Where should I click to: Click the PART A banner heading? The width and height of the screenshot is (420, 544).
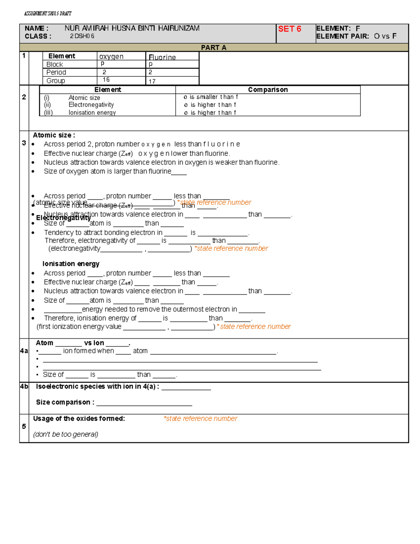[x=213, y=48]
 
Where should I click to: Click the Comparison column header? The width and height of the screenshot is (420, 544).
[x=268, y=90]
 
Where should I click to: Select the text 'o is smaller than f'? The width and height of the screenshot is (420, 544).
[x=211, y=97]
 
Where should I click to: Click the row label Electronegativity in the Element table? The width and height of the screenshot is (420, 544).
[x=91, y=105]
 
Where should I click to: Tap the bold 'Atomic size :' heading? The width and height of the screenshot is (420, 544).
[x=54, y=135]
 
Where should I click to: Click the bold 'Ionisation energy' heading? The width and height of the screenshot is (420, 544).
[x=71, y=264]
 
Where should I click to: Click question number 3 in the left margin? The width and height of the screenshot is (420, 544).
[x=24, y=143]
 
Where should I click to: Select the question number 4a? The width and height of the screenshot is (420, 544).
[x=24, y=351]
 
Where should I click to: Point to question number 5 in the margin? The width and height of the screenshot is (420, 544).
[x=24, y=426]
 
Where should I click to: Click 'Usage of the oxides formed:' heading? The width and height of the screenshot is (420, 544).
[x=79, y=419]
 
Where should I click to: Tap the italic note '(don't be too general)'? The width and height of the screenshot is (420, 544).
[x=65, y=434]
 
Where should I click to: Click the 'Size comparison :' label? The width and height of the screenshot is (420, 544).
[x=65, y=402]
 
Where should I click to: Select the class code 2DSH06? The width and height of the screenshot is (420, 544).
[x=82, y=36]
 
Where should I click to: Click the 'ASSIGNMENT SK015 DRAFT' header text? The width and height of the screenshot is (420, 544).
[x=48, y=14]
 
